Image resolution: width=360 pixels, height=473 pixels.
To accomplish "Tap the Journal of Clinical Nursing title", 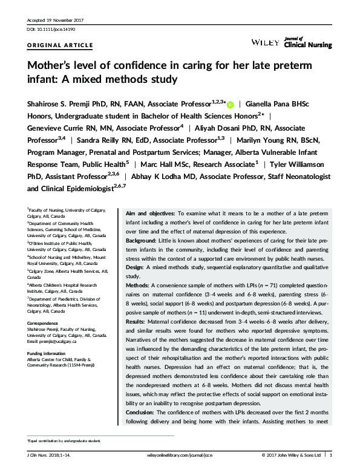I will point(306,42).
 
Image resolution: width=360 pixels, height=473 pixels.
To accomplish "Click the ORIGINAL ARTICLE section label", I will point(61,45).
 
